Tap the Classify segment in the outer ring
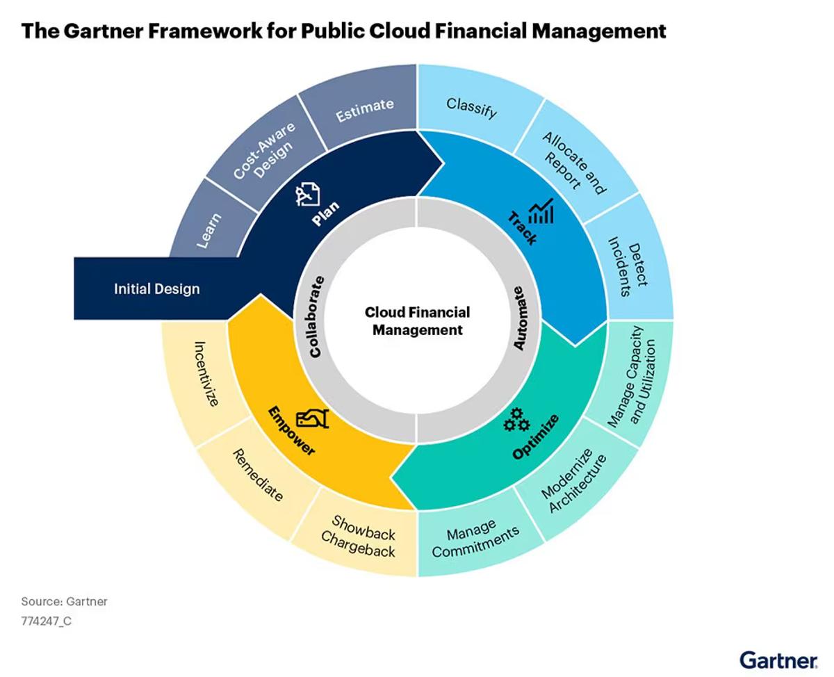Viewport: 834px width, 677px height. [x=471, y=107]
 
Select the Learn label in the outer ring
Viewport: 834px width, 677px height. [x=209, y=231]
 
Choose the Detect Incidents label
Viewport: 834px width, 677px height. [x=628, y=266]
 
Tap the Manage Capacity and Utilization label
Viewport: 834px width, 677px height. [x=631, y=377]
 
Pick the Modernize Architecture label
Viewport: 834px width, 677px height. [x=573, y=480]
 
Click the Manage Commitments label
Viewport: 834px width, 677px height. [x=475, y=538]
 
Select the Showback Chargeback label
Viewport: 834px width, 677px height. [x=358, y=537]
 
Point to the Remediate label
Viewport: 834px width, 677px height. [x=258, y=475]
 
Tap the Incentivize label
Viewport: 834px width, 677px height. [x=206, y=374]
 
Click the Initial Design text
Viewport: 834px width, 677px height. [x=157, y=289]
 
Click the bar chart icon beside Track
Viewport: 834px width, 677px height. [x=541, y=211]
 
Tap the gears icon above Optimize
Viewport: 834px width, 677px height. [x=517, y=420]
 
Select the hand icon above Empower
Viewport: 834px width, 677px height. [x=313, y=419]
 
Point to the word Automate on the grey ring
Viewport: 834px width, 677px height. [x=518, y=318]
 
